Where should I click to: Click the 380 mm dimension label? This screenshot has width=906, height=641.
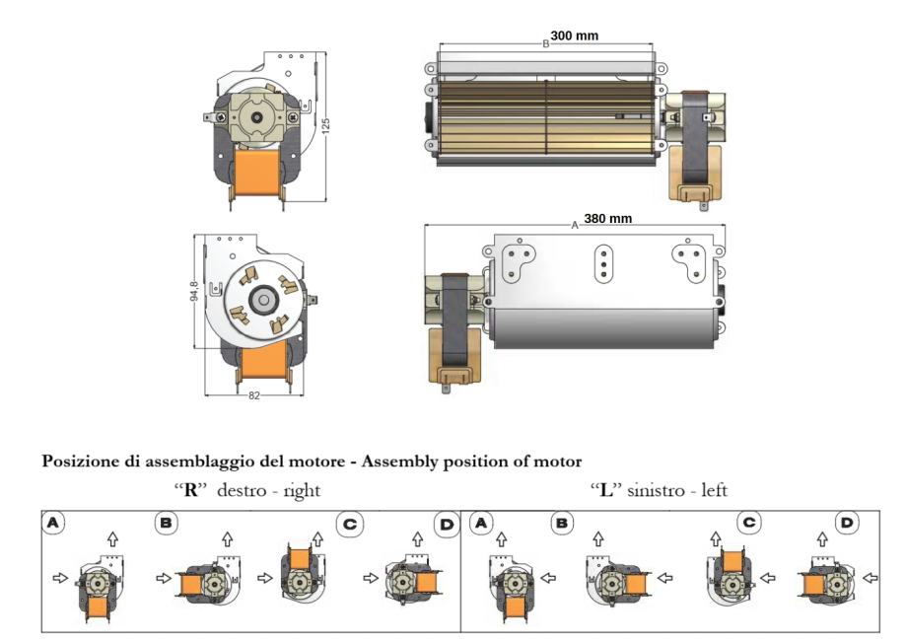(x=607, y=218)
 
